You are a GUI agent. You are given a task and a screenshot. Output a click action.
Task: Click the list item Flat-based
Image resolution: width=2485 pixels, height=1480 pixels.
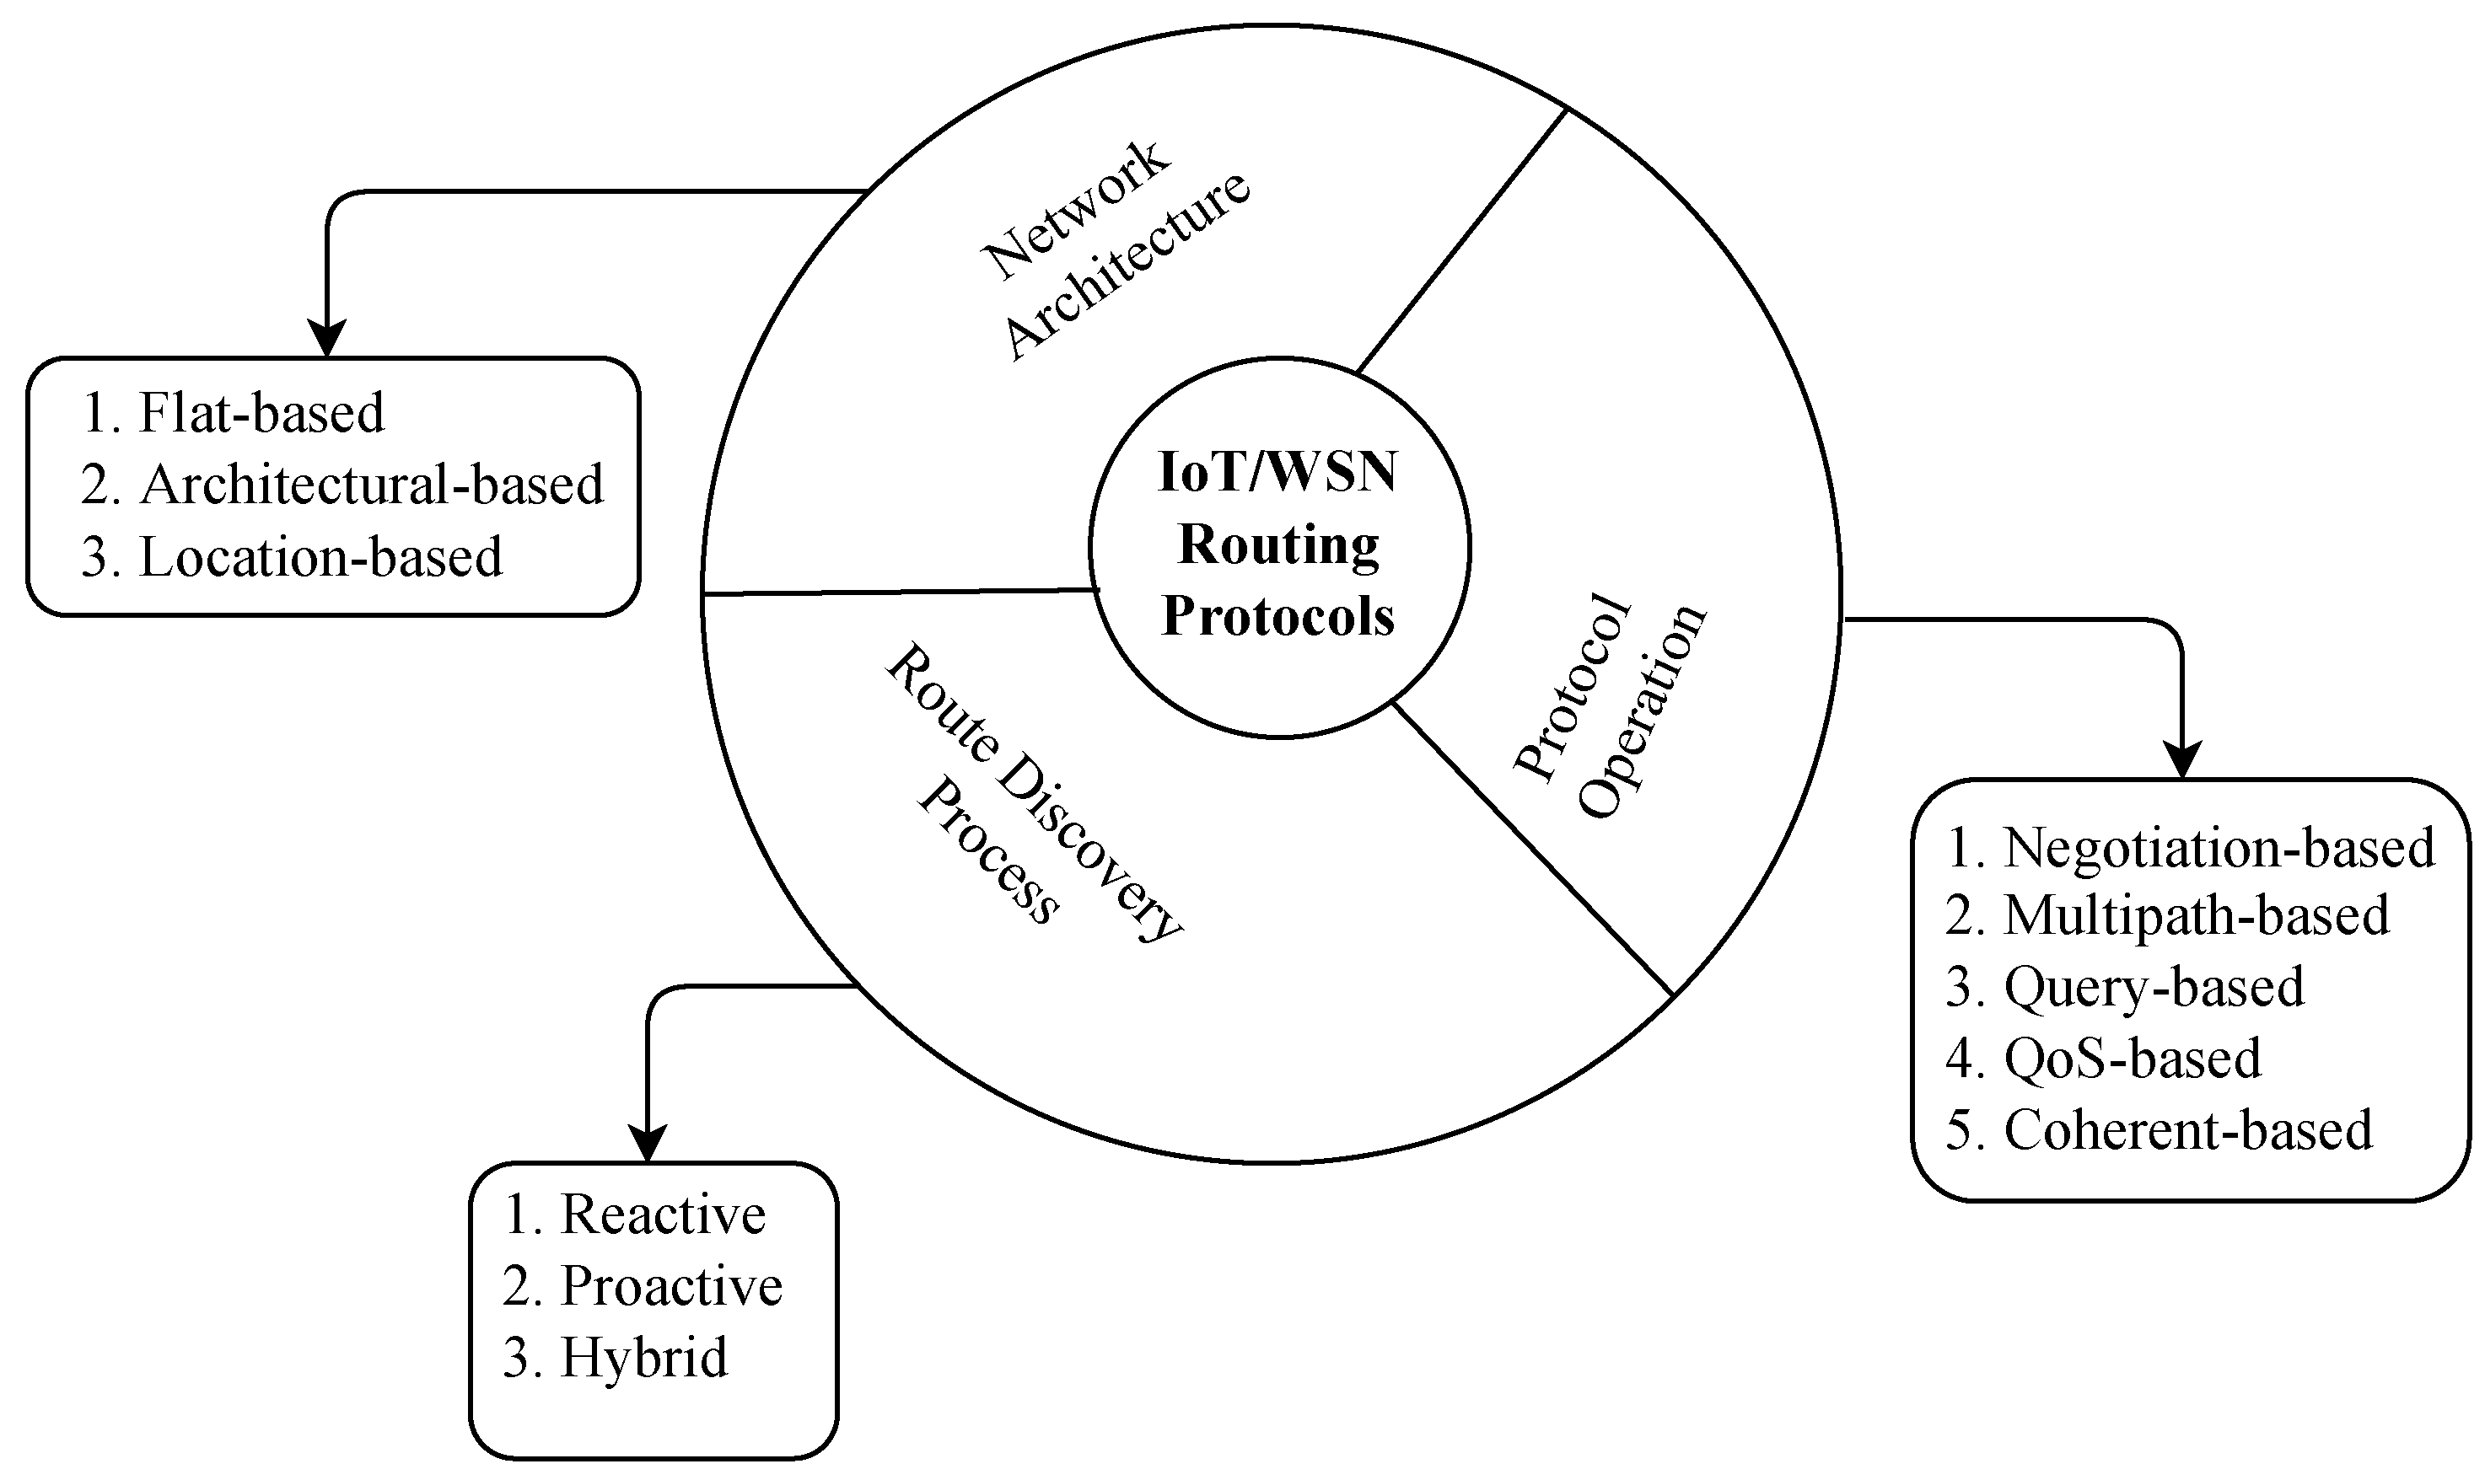[260, 413]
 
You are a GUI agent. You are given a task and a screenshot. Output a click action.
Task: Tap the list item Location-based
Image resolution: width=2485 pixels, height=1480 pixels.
[320, 557]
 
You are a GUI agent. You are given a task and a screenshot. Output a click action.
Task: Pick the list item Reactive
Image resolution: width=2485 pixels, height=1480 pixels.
[663, 1215]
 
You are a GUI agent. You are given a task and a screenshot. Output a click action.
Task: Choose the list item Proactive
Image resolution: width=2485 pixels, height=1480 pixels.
[670, 1286]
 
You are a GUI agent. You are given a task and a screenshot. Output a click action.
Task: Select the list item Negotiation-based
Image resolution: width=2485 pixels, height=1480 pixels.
[2219, 848]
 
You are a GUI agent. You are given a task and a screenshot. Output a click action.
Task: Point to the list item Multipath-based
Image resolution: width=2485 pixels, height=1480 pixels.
[2196, 915]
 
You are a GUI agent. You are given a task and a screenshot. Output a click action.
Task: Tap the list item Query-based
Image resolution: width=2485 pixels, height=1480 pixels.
[2154, 987]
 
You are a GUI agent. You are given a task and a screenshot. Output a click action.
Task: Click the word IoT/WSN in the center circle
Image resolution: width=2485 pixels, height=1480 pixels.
[1277, 473]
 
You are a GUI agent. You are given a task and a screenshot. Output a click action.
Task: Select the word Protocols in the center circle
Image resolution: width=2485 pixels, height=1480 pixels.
[1277, 615]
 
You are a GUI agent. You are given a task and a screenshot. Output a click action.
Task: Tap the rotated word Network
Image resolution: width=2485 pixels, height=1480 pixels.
[1075, 211]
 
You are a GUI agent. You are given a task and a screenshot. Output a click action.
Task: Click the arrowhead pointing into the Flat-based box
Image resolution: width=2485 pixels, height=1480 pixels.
[327, 339]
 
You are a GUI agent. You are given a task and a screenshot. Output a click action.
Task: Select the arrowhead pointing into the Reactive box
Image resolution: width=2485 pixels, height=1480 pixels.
[648, 1145]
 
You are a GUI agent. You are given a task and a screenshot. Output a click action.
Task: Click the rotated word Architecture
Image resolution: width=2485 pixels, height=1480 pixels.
[1127, 266]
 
